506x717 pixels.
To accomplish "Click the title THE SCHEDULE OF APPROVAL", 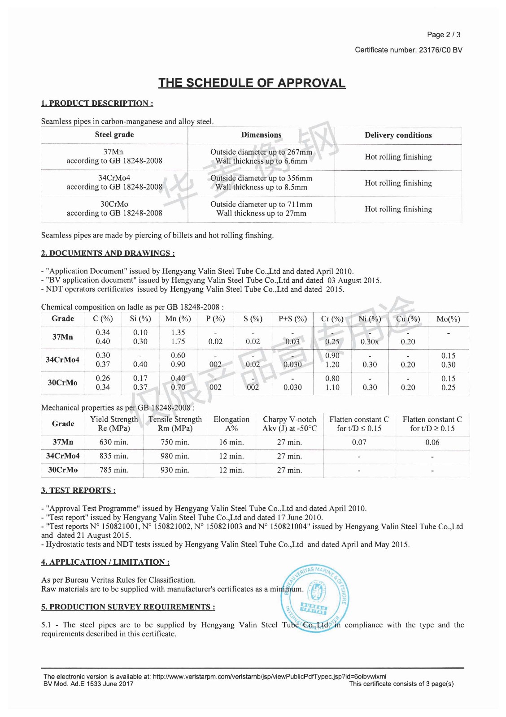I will [x=252, y=83].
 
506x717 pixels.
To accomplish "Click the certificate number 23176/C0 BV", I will [x=440, y=50].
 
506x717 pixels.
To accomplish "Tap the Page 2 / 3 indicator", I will [x=443, y=35].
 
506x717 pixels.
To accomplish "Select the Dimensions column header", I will [x=261, y=135].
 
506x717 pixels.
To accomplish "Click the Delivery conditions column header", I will [x=398, y=135].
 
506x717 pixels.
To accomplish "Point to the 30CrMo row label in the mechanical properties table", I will [x=63, y=470].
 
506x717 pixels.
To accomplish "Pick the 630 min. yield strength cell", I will [x=114, y=442].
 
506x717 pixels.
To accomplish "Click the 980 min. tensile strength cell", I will [x=175, y=456].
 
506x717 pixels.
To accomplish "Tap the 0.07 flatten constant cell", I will [x=359, y=442].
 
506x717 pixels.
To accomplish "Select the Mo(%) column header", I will [x=448, y=319].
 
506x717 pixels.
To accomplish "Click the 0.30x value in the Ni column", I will [x=370, y=342].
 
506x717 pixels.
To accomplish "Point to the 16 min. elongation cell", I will [x=231, y=442].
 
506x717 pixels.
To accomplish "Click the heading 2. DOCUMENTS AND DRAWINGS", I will [x=108, y=253].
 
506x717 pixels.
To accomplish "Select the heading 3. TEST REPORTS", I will [x=78, y=490].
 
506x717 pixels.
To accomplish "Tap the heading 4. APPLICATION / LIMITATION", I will [x=105, y=562].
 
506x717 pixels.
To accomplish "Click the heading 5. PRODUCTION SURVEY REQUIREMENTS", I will [x=128, y=607].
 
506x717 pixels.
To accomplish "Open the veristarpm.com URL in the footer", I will [x=269, y=677].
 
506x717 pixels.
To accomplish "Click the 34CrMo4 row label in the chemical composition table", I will [x=62, y=360].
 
